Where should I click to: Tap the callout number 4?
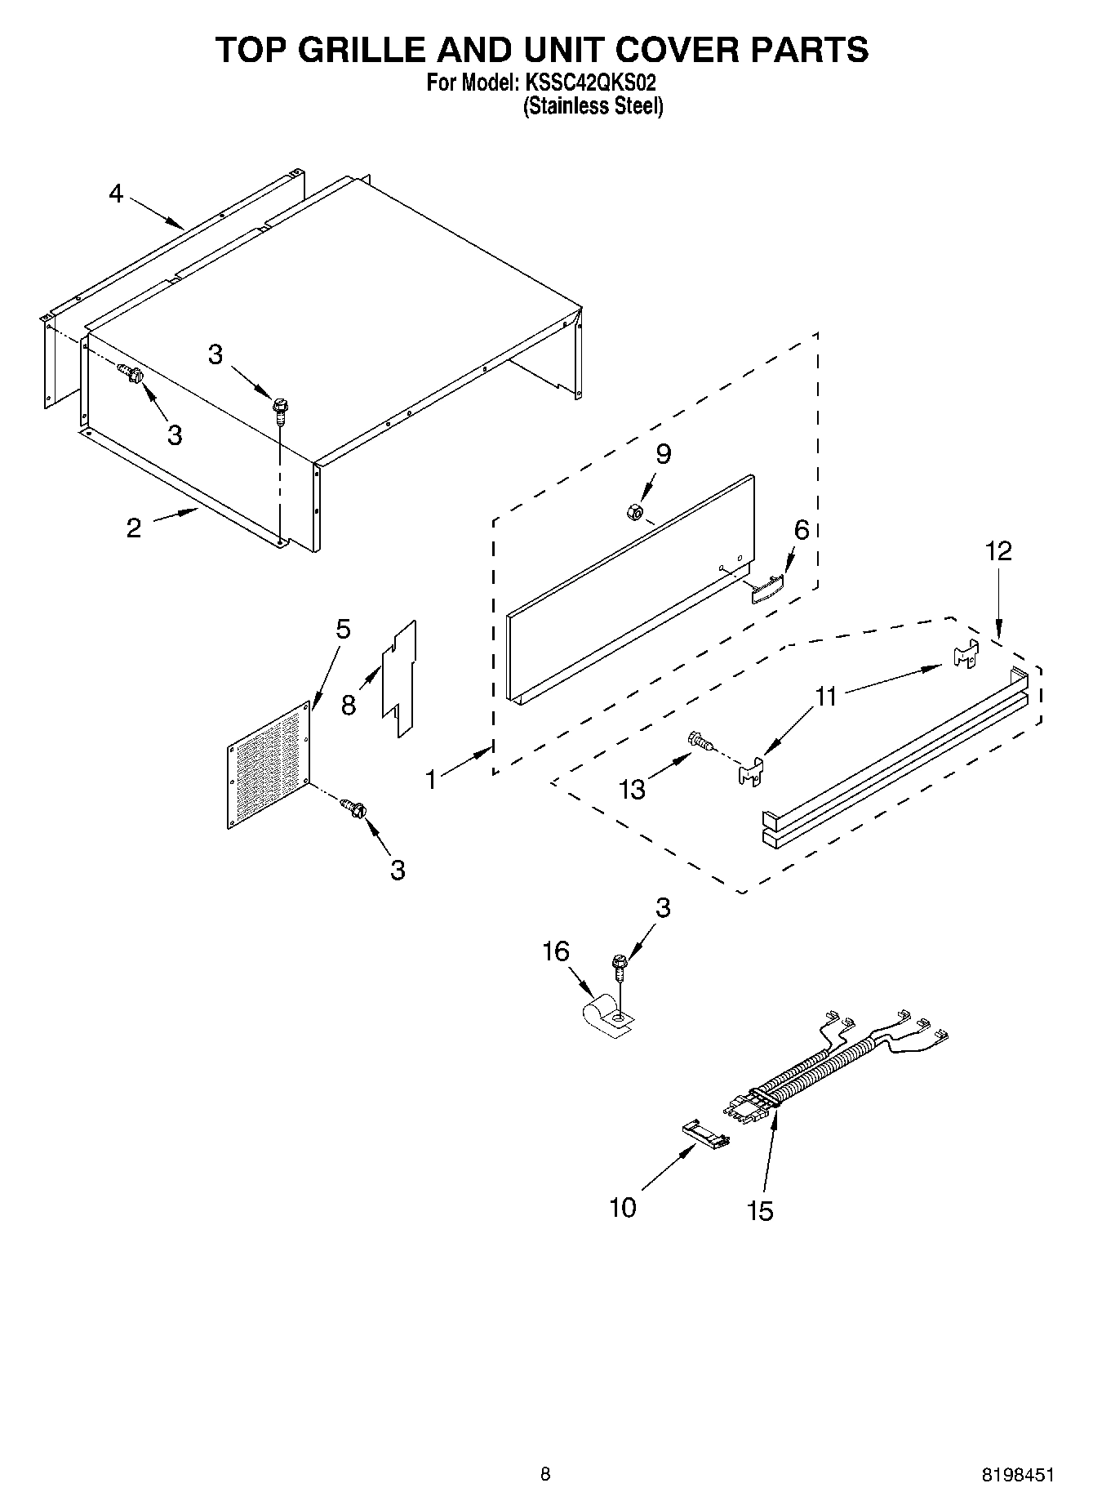(116, 194)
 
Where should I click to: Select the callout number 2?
(134, 528)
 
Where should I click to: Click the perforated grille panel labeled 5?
(269, 766)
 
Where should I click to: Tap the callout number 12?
(998, 551)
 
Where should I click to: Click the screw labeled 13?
(699, 741)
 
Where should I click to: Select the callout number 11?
(826, 697)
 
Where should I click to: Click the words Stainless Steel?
(593, 106)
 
